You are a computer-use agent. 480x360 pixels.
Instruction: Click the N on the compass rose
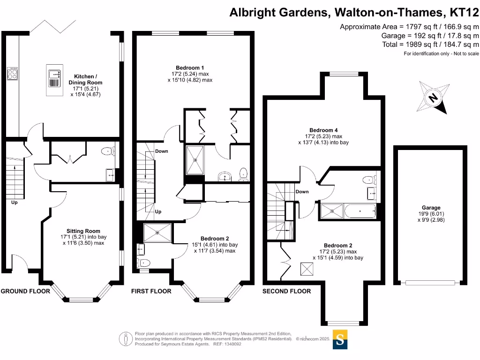434,98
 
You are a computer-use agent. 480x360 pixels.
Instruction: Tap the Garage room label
431,208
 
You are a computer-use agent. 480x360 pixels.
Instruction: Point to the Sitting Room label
83,231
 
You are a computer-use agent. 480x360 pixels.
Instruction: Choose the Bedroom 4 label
323,130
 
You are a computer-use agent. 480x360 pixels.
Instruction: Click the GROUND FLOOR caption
25,291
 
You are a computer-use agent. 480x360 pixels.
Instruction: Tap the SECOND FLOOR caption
286,291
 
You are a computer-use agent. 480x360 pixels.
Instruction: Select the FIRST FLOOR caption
151,291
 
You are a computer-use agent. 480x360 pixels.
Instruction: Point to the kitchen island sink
55,73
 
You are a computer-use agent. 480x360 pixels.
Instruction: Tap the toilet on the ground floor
108,151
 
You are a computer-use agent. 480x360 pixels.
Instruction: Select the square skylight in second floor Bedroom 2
307,269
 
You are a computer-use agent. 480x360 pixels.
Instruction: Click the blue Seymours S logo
341,339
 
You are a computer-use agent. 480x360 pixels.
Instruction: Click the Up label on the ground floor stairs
15,202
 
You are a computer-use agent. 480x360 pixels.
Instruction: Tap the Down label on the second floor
302,191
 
